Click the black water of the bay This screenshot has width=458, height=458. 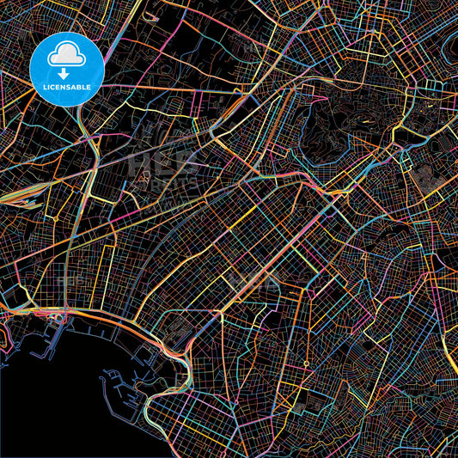[x=52, y=404]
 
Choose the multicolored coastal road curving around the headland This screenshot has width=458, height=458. [x=176, y=361]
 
